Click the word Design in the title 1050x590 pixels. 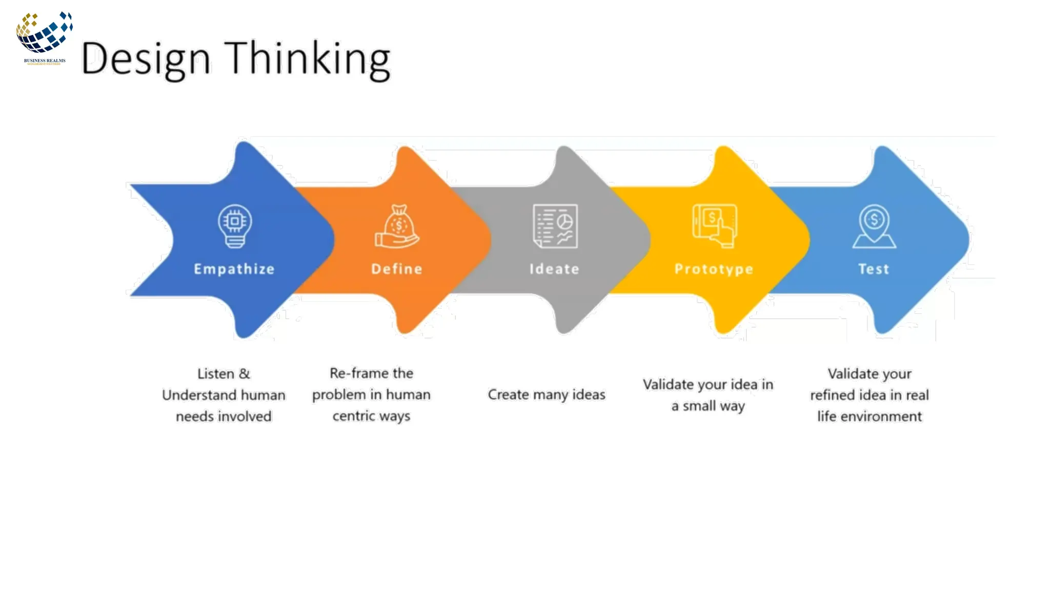(x=146, y=59)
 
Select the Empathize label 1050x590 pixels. (x=234, y=269)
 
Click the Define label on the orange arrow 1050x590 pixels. (x=397, y=269)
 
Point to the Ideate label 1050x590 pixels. (x=554, y=269)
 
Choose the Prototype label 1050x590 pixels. (x=714, y=269)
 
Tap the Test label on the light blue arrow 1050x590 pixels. (x=874, y=269)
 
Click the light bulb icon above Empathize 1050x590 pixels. (x=235, y=226)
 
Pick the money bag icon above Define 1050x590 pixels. (x=397, y=227)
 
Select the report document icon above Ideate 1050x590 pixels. (x=555, y=226)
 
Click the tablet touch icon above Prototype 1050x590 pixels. (x=715, y=226)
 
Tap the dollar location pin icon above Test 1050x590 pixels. (x=874, y=226)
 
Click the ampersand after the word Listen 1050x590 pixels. (x=245, y=374)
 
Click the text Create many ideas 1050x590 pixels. (x=546, y=395)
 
